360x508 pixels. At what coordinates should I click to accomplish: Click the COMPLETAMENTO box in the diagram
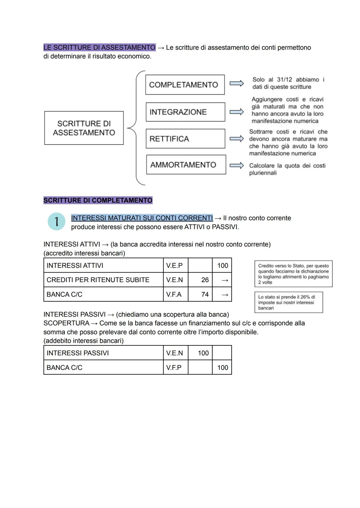185,85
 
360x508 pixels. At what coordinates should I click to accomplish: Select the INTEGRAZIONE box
185,112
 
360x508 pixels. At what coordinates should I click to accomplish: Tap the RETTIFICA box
185,139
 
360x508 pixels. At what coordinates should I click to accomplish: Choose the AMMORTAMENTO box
186,165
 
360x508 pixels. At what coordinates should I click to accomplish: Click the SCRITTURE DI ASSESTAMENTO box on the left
84,128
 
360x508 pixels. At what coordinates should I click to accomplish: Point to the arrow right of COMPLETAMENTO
237,84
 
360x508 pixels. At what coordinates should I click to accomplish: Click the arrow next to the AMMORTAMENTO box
237,166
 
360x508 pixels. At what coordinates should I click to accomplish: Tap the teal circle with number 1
57,222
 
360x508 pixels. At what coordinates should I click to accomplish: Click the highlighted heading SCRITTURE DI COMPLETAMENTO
98,200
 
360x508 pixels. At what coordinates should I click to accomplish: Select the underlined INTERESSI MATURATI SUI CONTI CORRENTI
142,218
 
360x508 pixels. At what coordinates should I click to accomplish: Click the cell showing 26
200,280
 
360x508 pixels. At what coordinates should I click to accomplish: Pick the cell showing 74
200,294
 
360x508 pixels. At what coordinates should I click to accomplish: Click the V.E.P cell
175,265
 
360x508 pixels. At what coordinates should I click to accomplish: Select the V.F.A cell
175,294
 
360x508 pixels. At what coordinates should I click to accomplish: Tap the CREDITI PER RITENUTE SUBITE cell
103,280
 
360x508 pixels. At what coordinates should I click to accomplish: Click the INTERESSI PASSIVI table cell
103,353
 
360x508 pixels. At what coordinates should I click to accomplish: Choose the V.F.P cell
175,368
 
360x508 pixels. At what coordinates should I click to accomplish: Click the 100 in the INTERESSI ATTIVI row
222,265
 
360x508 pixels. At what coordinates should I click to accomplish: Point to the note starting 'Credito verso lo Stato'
293,274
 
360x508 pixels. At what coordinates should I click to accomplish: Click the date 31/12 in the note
284,80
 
